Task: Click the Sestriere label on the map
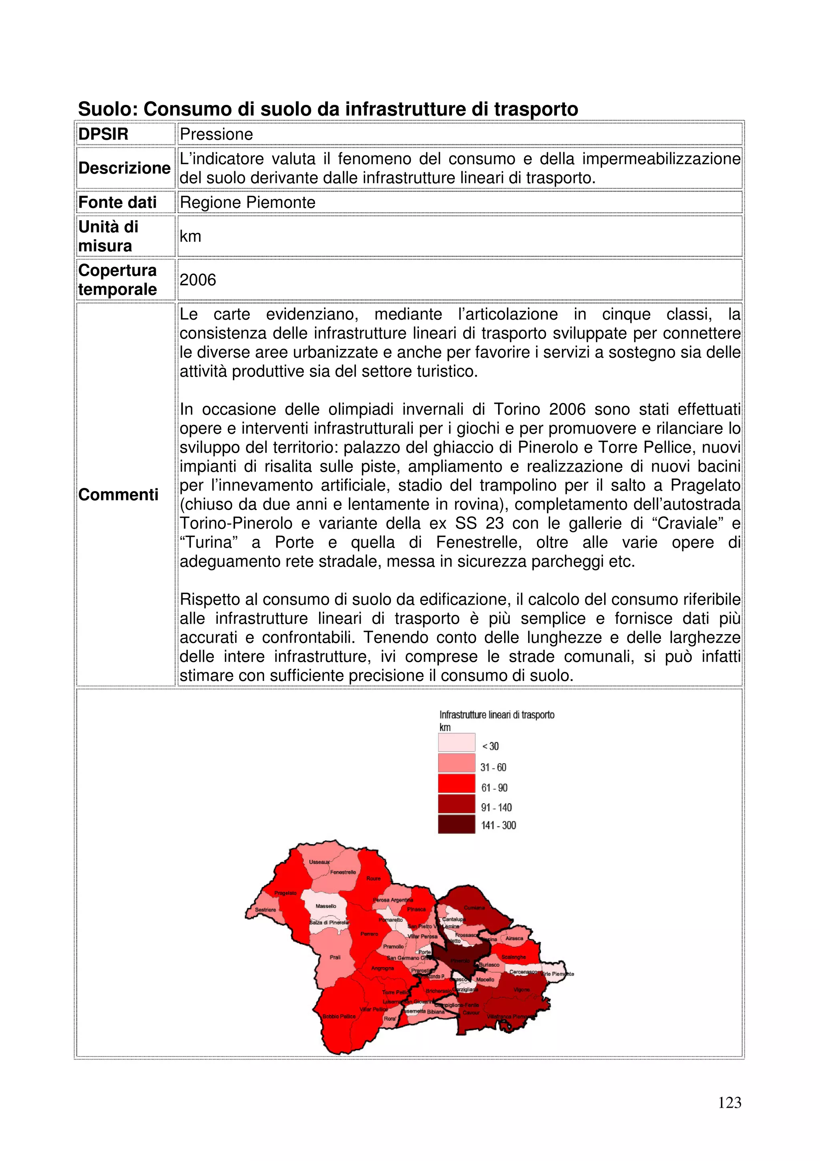[265, 910]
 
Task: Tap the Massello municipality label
[326, 906]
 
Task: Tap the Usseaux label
[319, 862]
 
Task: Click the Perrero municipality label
[369, 934]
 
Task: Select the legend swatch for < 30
[456, 743]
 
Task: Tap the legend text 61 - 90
[494, 788]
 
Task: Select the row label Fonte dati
[117, 202]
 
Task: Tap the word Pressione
[216, 134]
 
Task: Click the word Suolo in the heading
[107, 109]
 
